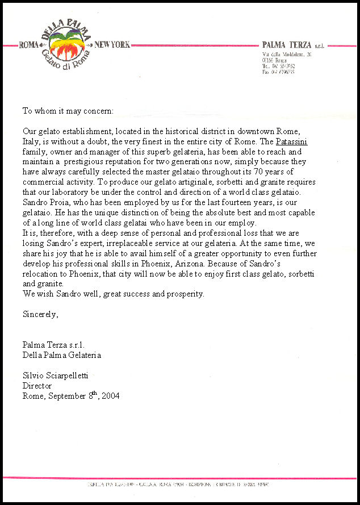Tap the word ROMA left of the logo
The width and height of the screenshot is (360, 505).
29,45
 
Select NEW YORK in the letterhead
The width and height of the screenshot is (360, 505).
112,45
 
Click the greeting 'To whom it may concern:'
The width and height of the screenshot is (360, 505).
68,110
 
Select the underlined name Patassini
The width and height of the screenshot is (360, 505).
291,141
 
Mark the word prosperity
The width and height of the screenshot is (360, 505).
183,294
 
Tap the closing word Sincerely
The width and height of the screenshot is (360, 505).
40,315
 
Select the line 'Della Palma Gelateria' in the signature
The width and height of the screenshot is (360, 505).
62,355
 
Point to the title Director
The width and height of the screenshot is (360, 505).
37,386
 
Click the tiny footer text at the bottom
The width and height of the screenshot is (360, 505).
179,485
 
